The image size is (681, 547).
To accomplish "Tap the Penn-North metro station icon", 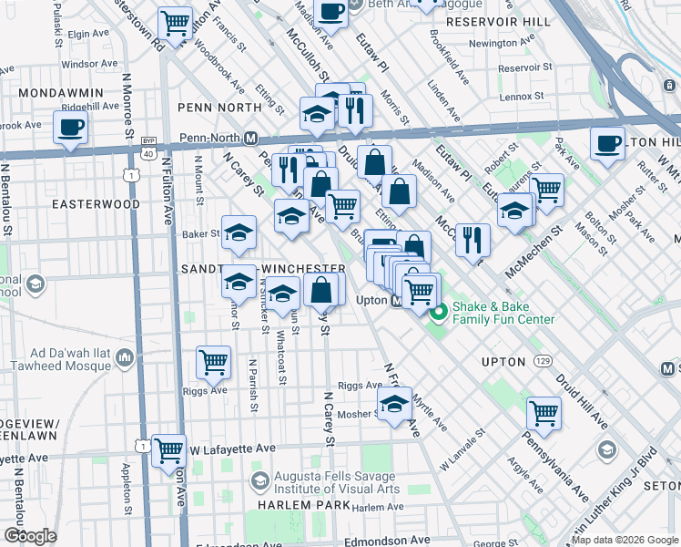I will click(251, 138).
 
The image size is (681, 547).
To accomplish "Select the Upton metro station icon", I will click(397, 300).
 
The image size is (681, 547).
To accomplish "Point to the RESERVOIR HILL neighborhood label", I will click(500, 21).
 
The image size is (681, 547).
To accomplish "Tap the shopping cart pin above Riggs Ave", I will click(213, 360).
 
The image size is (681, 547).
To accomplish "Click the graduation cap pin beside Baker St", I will click(239, 232).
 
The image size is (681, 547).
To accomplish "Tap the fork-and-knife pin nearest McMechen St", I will click(473, 239).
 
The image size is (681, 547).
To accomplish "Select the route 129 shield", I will click(543, 362).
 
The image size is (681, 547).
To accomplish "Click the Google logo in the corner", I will click(31, 536).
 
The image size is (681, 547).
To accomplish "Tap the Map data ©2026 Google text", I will click(625, 541).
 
